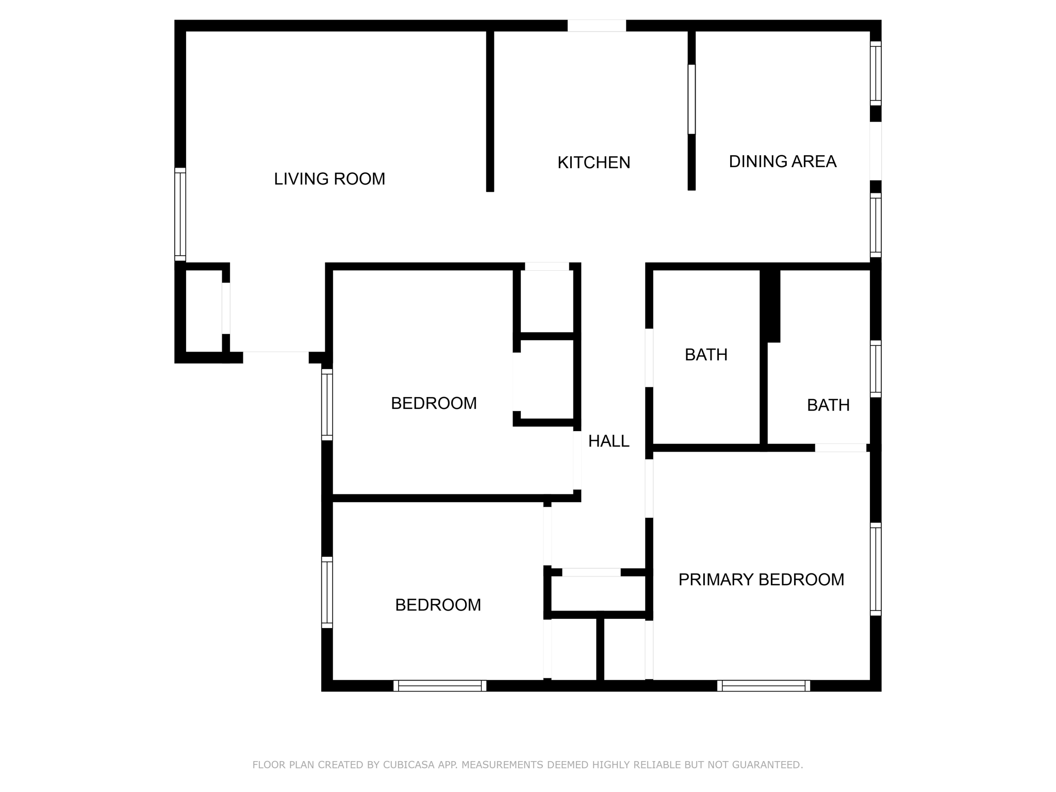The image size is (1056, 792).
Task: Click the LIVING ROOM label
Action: click(x=329, y=179)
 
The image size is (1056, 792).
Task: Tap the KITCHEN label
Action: click(x=593, y=162)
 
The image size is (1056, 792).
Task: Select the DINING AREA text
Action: click(x=782, y=161)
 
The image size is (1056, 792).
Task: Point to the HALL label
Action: click(x=608, y=441)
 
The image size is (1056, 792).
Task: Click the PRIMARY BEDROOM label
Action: click(x=761, y=580)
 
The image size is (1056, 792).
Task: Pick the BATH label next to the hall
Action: click(x=706, y=355)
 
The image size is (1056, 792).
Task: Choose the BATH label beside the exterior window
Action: click(x=828, y=405)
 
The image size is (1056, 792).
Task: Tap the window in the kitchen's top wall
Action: click(x=597, y=26)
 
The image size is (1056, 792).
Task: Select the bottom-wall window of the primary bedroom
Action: click(x=763, y=686)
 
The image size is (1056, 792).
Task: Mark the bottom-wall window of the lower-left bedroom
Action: click(x=440, y=686)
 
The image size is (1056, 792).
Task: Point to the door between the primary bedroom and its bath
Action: click(x=840, y=448)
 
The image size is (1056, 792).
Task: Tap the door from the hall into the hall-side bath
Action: click(x=649, y=357)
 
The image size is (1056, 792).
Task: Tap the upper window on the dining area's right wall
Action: click(x=876, y=73)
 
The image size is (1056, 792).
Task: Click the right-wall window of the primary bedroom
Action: click(x=876, y=569)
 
